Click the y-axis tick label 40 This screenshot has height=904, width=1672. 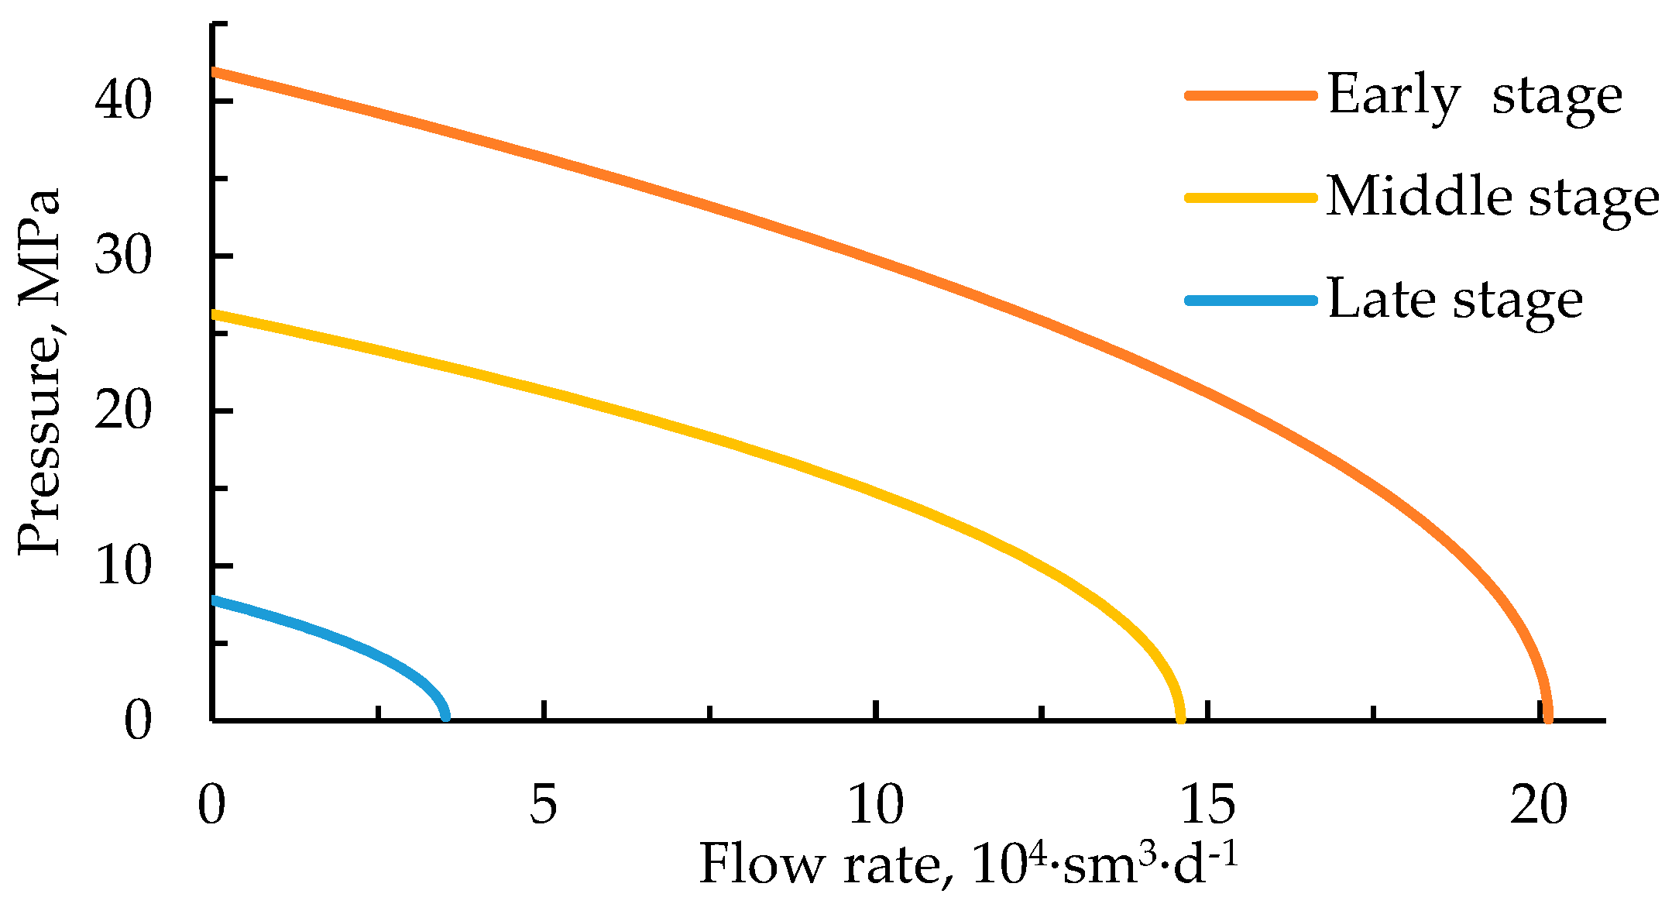122,101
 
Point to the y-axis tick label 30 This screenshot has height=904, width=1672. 122,256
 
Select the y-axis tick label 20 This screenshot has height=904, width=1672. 122,411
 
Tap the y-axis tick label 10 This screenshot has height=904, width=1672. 122,566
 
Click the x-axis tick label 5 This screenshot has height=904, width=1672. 543,805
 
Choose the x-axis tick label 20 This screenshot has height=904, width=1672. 1538,805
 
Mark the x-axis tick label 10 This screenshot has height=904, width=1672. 875,805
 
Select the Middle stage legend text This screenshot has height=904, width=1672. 1492,198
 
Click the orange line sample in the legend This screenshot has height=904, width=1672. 1251,95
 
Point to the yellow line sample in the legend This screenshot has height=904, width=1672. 1251,198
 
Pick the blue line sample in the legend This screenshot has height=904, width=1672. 1251,301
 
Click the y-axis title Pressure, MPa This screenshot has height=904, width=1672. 39,372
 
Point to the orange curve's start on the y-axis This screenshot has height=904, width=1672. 215,71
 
